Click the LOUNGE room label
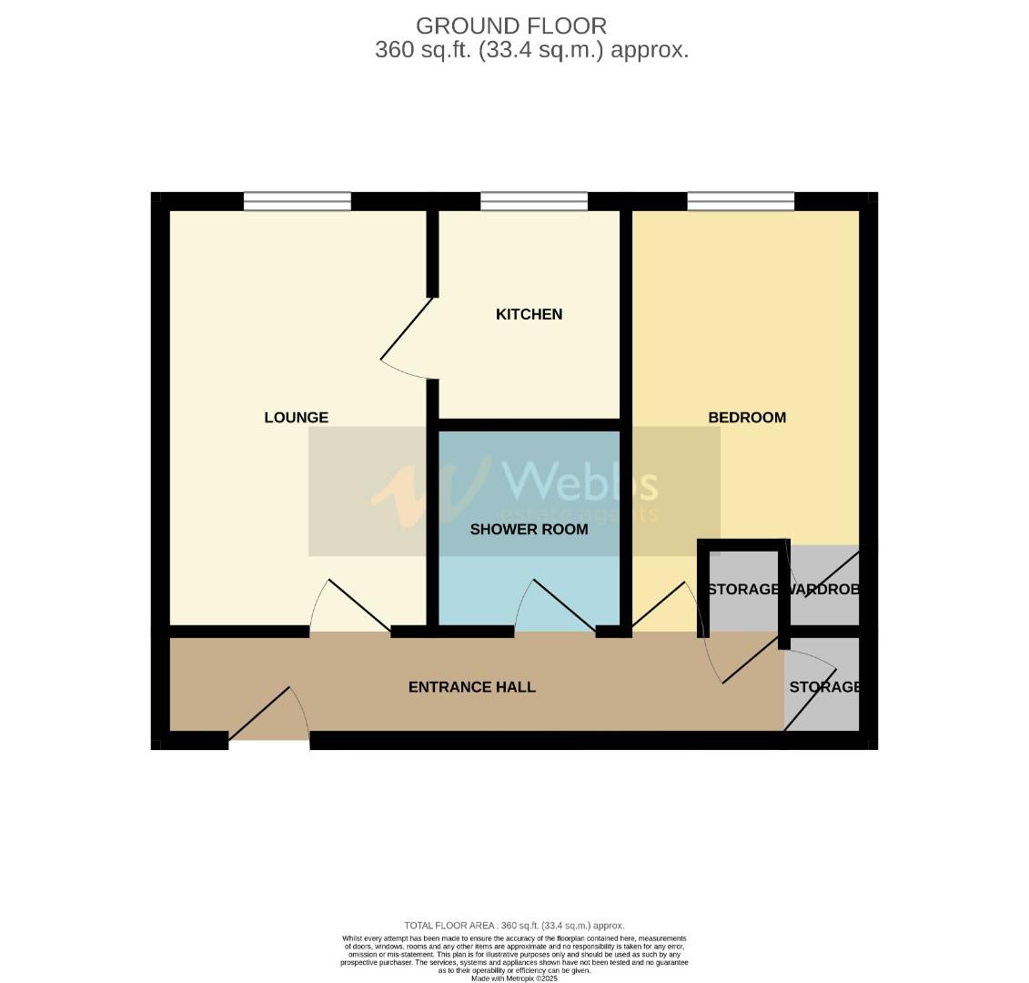[296, 418]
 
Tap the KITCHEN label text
[529, 315]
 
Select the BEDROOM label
[747, 418]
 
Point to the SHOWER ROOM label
[529, 529]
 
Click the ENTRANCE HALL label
[471, 687]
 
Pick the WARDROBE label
[824, 590]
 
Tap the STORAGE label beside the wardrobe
[743, 590]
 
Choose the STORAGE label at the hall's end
[823, 687]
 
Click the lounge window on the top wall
[297, 201]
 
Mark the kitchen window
[534, 201]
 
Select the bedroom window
[741, 201]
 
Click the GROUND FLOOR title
[511, 26]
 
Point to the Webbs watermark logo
[514, 491]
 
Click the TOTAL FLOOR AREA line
[514, 926]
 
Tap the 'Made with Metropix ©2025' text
[514, 978]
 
